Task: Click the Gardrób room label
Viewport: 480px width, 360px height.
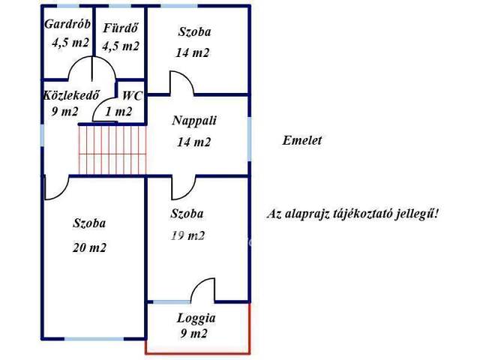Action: (x=67, y=25)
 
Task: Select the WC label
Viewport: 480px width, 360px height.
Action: (x=133, y=95)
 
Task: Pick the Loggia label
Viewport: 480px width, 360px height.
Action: (x=196, y=316)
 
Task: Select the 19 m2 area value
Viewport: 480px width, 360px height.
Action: (x=187, y=235)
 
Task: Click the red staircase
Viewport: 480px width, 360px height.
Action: (x=112, y=150)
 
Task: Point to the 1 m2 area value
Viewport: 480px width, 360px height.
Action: (x=118, y=112)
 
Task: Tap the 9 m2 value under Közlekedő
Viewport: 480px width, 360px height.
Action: (x=60, y=112)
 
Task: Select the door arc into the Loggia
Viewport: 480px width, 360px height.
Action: (x=202, y=289)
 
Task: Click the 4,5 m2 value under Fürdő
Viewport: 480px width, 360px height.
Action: (x=121, y=46)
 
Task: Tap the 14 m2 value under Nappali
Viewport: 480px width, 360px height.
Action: (x=192, y=142)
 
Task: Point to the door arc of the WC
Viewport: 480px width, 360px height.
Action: (x=102, y=109)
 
